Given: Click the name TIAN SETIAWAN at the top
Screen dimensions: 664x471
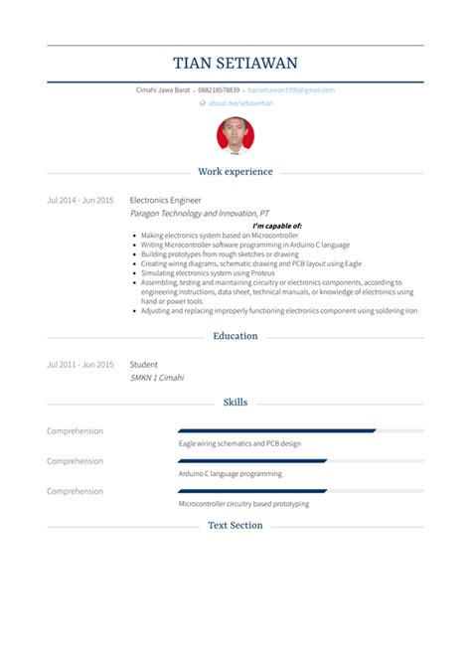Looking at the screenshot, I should tap(235, 64).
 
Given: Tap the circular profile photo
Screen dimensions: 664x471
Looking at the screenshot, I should tap(235, 136).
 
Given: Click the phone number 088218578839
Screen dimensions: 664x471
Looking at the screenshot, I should tap(226, 90).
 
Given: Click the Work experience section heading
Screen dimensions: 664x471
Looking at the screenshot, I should tap(235, 172).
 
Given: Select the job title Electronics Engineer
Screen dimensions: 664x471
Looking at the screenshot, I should tap(165, 200).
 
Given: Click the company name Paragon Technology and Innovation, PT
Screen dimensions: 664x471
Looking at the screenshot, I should tap(199, 213).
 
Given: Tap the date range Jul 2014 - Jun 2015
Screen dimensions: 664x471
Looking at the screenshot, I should tap(80, 200).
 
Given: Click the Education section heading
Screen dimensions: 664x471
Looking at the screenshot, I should tap(235, 336).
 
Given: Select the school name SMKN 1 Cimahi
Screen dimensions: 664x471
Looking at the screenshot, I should tap(157, 378).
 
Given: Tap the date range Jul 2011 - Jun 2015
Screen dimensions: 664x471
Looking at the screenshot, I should tap(80, 365).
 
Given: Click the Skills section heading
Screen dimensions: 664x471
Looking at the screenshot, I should tap(235, 403).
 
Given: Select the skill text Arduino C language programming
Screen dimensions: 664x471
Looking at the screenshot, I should tap(230, 474).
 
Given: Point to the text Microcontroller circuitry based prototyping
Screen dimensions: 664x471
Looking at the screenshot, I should tap(243, 504).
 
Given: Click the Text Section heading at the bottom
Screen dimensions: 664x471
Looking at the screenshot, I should tap(235, 525).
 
